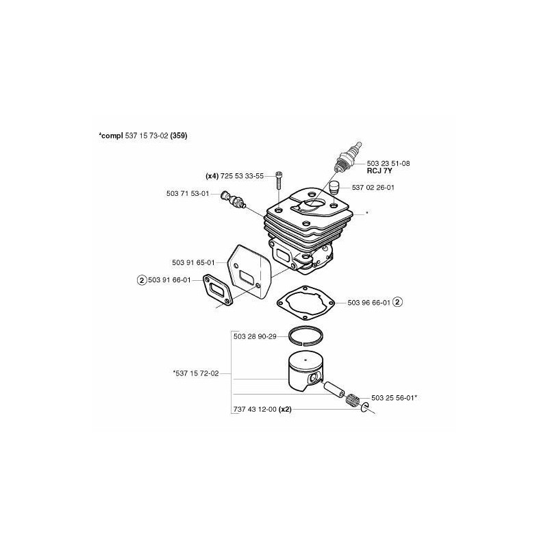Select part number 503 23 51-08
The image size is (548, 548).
point(388,163)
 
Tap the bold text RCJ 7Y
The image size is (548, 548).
point(379,171)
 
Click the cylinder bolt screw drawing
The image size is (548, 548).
point(279,179)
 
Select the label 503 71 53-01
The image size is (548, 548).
point(188,193)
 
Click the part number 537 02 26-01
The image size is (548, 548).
point(373,188)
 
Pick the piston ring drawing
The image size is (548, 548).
point(306,336)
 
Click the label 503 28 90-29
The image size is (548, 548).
point(255,336)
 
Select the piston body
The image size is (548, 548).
point(305,373)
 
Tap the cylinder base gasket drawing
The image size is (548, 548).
point(306,302)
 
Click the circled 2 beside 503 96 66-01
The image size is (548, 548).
point(398,302)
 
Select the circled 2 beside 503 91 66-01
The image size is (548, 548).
point(142,280)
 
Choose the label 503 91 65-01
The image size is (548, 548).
point(193,262)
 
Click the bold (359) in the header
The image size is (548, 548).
point(179,136)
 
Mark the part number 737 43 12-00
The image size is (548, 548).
point(255,409)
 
